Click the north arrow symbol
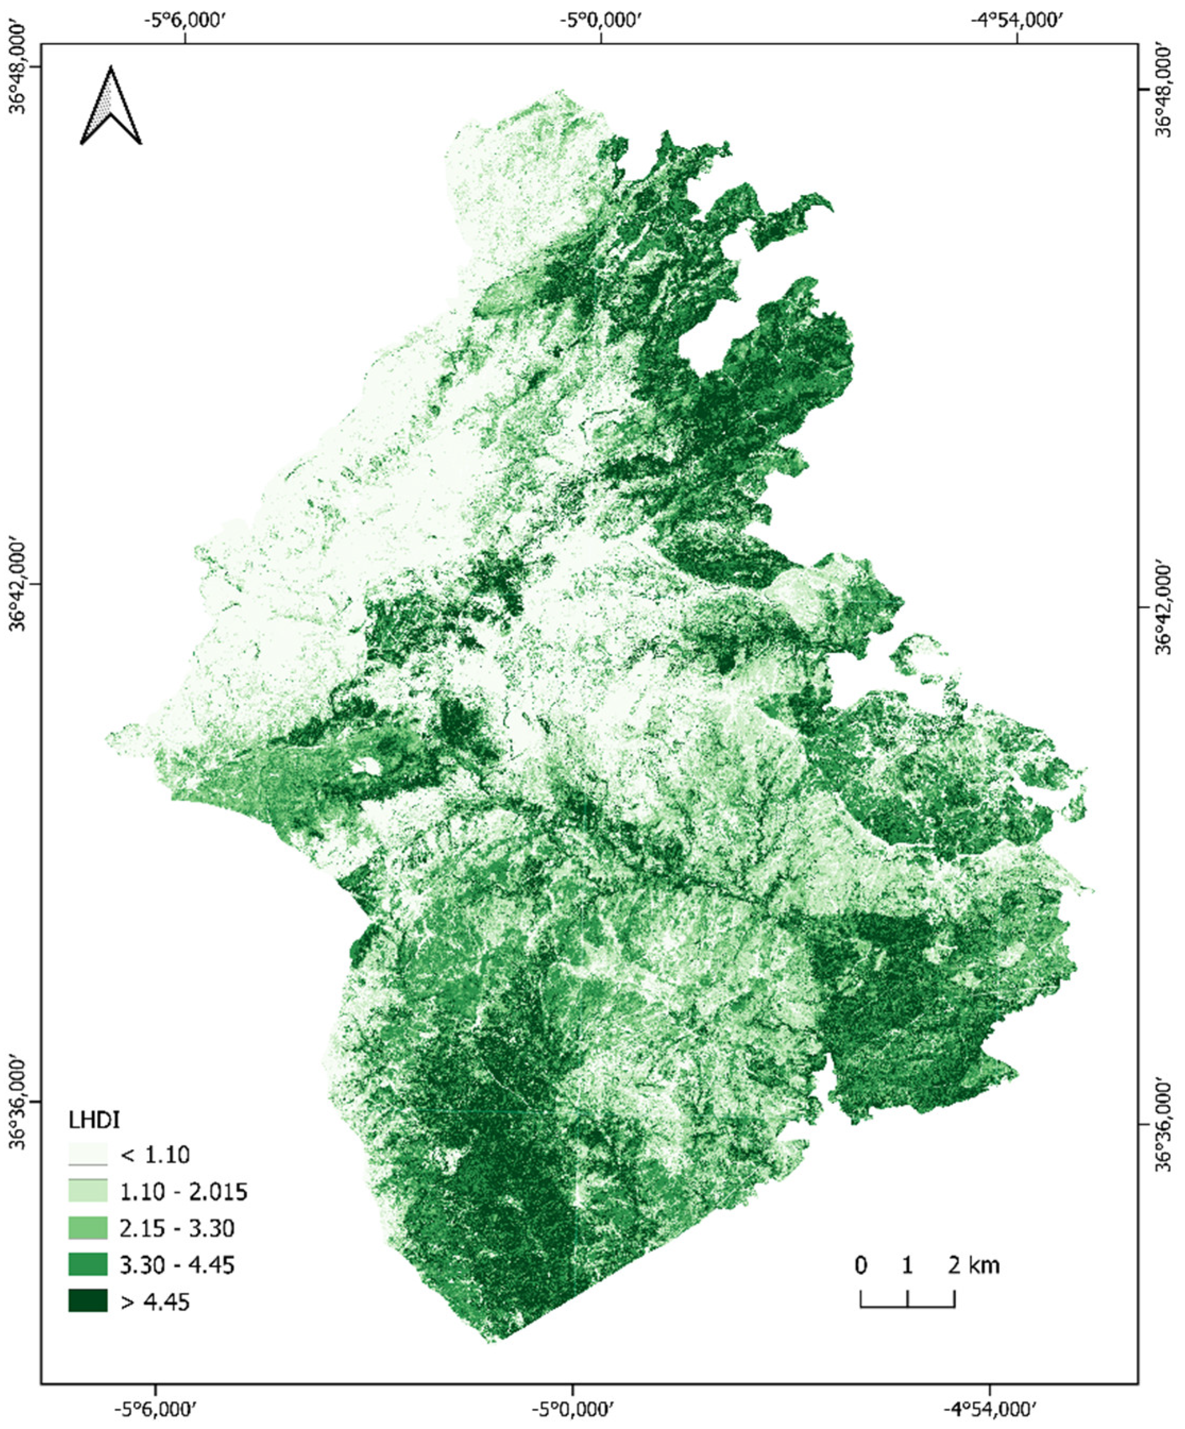(111, 106)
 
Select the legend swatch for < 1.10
(88, 1155)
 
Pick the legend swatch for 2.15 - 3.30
(88, 1228)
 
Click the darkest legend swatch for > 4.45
(88, 1301)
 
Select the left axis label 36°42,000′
(19, 584)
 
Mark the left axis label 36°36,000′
(19, 1101)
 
